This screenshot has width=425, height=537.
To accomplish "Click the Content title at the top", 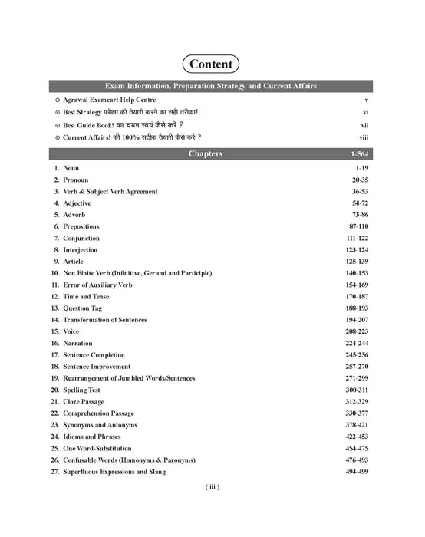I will (x=212, y=63).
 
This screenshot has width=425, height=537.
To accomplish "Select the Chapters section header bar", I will (x=212, y=154).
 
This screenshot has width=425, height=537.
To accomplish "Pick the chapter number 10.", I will (x=56, y=273).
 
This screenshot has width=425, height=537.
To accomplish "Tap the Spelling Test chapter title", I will (x=85, y=390).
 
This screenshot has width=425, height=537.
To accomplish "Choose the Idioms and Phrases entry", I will (x=94, y=437).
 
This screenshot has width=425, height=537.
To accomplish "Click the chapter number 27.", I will (x=56, y=471).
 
